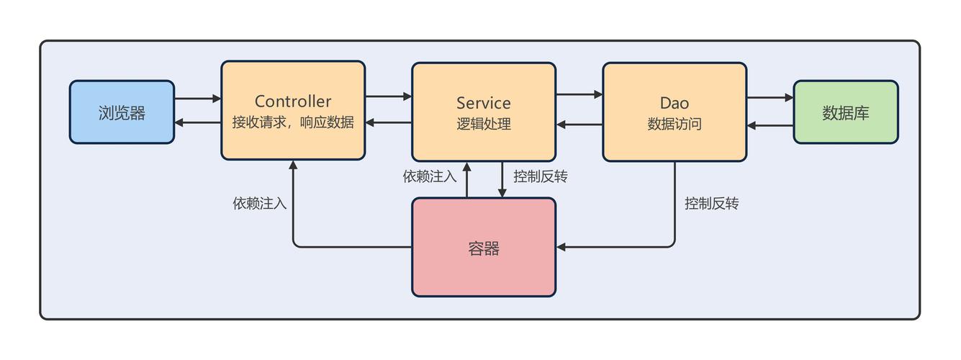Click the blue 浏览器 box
[122, 112]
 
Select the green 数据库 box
[845, 112]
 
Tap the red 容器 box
[483, 248]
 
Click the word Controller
[292, 102]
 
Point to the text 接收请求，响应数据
[292, 122]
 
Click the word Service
[483, 103]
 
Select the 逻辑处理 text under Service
[483, 124]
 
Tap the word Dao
[674, 103]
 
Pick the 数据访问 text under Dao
[674, 124]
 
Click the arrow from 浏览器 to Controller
[197, 99]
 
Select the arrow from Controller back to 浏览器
[197, 122]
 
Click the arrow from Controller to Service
[388, 95]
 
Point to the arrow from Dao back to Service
[579, 125]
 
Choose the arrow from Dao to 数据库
[770, 98]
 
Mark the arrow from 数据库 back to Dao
[770, 125]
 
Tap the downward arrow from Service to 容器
[502, 179]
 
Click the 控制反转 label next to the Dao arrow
[711, 204]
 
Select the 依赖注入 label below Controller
[259, 204]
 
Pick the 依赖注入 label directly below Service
[430, 176]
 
